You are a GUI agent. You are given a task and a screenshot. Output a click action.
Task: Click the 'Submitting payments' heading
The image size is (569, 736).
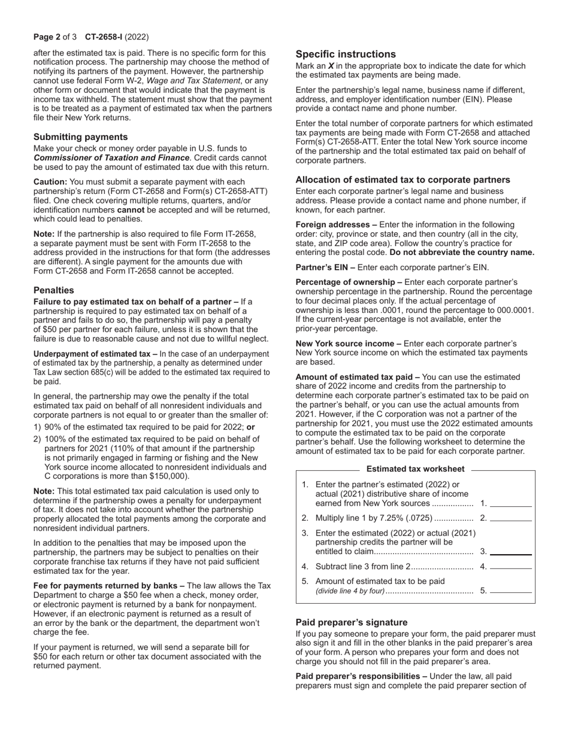[x=80, y=137]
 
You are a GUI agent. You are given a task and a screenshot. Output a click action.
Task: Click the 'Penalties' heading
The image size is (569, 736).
[x=54, y=290]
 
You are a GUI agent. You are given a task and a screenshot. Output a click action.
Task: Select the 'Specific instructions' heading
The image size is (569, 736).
[x=346, y=54]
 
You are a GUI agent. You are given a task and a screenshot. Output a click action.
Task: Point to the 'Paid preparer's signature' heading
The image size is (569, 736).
[x=352, y=622]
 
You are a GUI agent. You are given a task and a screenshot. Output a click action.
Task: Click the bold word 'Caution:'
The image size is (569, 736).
[x=51, y=182]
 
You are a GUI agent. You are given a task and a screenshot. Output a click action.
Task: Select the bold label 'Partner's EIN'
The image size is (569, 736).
[x=322, y=267]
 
